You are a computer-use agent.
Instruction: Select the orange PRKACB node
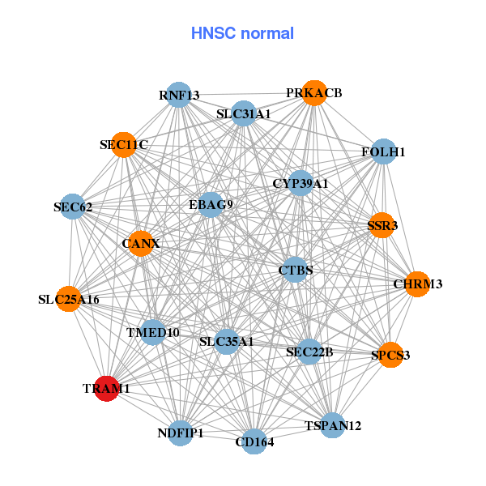314,93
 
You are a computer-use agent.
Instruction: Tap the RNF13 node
178,96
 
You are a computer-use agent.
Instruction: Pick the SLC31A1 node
243,114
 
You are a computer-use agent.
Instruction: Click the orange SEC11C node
124,145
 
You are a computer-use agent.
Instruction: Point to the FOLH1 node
383,151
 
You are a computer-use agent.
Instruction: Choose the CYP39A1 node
301,184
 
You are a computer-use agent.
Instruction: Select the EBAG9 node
211,204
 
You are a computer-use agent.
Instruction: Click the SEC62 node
73,207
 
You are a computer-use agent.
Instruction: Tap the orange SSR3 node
382,225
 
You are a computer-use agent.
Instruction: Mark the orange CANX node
141,243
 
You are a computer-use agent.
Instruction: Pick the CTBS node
296,270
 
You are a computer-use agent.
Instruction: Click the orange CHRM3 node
417,284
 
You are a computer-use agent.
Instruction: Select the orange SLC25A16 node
69,300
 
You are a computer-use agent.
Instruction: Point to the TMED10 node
153,332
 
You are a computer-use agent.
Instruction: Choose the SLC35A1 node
227,342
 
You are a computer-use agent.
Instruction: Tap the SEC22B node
309,352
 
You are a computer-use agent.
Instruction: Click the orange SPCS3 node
390,355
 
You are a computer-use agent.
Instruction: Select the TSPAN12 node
333,425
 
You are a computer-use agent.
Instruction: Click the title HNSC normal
242,33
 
